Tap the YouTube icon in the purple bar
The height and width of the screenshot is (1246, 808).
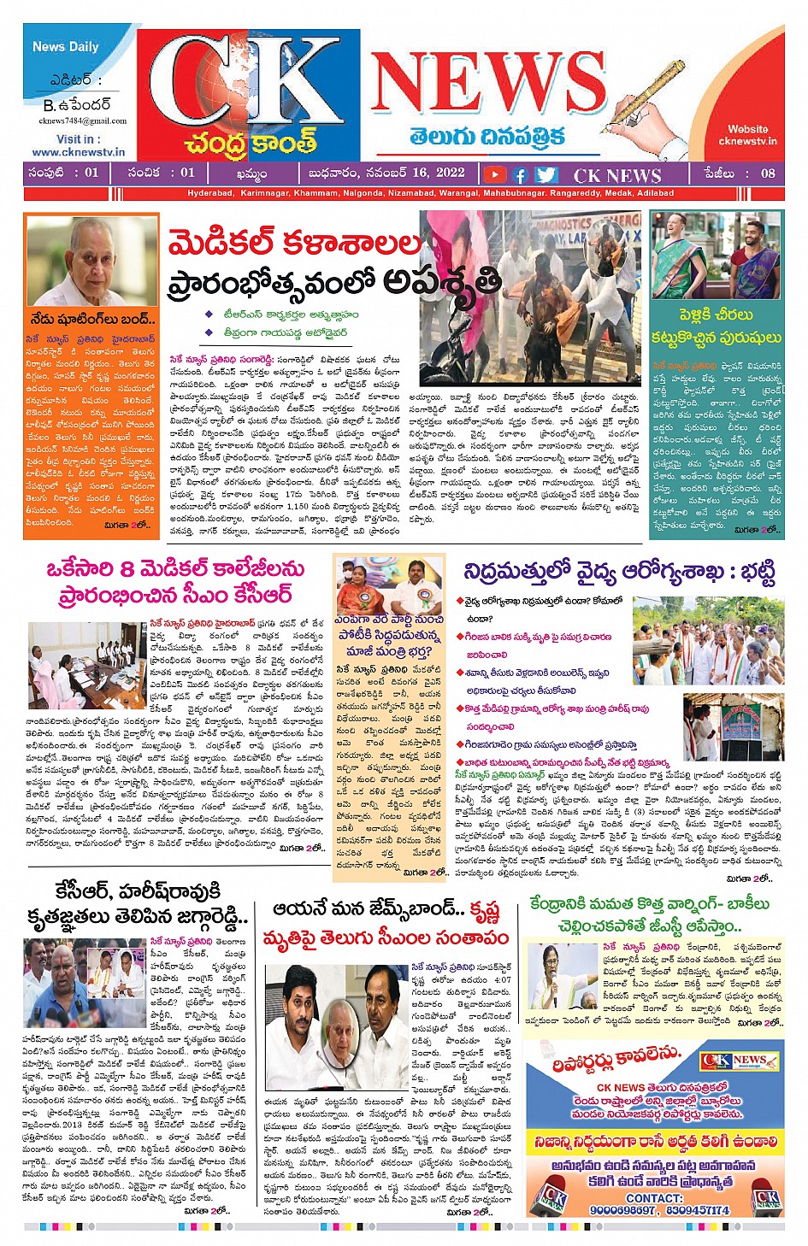pos(494,174)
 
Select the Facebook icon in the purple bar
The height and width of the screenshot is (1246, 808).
pos(519,174)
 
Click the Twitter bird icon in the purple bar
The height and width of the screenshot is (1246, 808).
pos(546,174)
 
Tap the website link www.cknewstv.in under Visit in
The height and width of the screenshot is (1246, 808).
pos(79,152)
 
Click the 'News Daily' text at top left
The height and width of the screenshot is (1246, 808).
pos(66,47)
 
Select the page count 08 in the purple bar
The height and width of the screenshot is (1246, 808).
pos(768,173)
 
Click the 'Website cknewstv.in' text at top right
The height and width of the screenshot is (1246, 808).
pos(747,135)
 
